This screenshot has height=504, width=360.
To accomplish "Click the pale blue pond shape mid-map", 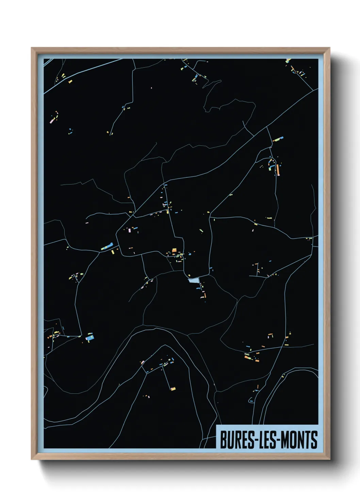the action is (x=194, y=280).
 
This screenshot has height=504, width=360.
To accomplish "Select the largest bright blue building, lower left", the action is (x=90, y=338).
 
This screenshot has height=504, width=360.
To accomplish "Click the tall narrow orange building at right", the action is (x=278, y=170).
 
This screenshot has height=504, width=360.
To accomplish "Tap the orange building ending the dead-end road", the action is (x=173, y=389).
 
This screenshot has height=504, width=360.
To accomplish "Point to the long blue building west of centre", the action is (x=108, y=246).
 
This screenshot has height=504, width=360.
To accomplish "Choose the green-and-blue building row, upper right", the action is (x=278, y=139).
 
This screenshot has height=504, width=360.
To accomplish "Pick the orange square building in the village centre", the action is (x=174, y=251).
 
